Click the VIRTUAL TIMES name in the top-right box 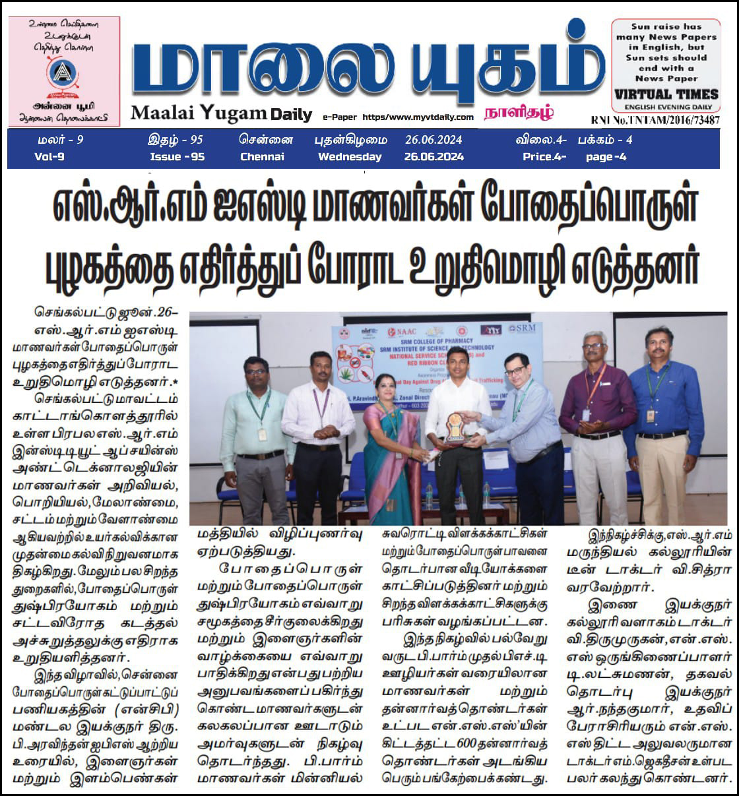pos(665,94)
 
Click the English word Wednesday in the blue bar pos(350,157)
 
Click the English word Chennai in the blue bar pos(262,157)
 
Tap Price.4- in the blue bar pos(544,157)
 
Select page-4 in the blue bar pos(606,157)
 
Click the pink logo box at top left pos(64,71)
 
